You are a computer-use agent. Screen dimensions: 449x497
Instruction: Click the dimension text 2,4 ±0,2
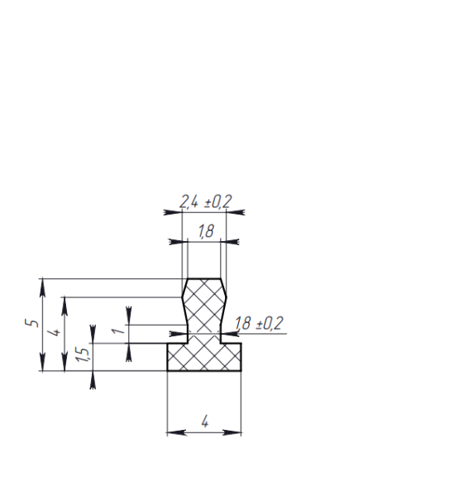[x=206, y=201]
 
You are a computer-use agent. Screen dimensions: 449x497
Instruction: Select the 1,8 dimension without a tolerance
[x=206, y=231]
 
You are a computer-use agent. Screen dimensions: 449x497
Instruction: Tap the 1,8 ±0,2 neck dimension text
[x=259, y=324]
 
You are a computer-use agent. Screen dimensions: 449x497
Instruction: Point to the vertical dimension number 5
[x=31, y=323]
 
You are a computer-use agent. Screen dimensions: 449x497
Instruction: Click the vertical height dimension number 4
[x=54, y=332]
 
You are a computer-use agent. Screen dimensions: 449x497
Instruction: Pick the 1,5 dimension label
[x=82, y=355]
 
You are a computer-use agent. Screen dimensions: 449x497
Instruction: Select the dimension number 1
[x=118, y=331]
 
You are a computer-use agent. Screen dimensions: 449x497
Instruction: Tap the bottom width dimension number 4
[x=205, y=422]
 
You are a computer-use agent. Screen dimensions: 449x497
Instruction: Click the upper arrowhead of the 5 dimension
[x=43, y=287]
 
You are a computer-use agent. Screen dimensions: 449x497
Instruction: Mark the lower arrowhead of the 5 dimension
[x=43, y=362]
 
